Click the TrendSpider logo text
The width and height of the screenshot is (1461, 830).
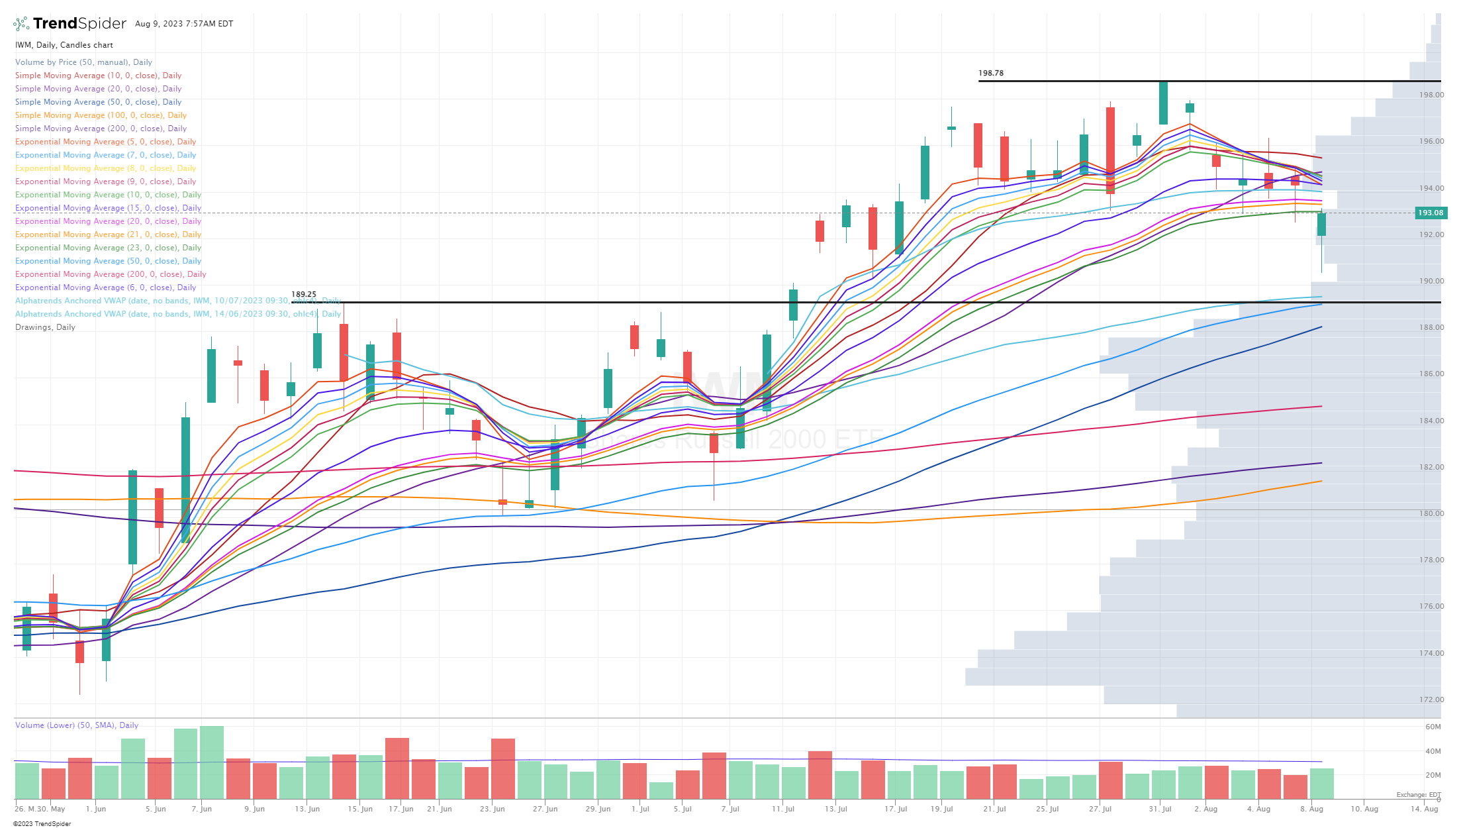coord(79,24)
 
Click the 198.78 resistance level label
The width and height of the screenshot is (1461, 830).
coord(990,74)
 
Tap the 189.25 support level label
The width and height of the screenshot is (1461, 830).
coord(304,294)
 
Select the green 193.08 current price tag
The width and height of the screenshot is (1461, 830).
coord(1430,213)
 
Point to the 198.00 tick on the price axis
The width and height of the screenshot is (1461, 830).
coord(1431,95)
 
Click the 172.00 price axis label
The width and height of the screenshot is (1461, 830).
coord(1431,700)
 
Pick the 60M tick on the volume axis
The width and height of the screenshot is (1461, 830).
coord(1433,727)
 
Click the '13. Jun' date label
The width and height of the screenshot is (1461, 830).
coord(307,809)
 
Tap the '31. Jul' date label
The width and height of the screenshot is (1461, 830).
coord(1160,809)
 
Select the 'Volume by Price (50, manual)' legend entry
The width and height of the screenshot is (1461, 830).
coord(83,62)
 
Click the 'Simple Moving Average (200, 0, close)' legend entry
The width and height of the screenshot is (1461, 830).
coord(101,129)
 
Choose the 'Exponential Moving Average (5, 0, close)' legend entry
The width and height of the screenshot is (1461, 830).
coord(105,142)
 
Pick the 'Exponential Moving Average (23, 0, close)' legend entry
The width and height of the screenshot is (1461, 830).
coord(108,248)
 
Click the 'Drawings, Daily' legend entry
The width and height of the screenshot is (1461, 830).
coord(45,327)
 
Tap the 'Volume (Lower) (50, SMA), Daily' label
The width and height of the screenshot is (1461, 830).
coord(77,725)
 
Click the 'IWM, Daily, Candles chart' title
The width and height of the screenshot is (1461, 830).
coord(64,45)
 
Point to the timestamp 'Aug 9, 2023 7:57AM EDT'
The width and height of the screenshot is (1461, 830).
coord(184,24)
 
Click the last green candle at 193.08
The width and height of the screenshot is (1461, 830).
coord(1321,224)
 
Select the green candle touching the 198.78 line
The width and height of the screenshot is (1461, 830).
coord(1163,103)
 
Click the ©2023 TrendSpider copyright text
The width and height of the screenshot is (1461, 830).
coord(42,824)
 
